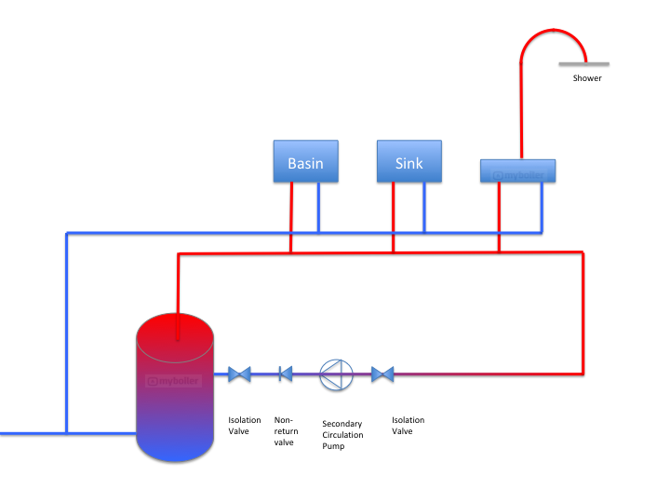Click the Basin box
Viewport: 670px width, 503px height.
[305, 161]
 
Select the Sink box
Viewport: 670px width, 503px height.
[409, 161]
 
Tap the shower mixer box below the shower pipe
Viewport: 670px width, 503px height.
[517, 170]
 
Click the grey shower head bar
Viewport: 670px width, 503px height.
[583, 63]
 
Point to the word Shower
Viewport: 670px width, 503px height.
[587, 78]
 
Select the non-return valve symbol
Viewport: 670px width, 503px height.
[285, 374]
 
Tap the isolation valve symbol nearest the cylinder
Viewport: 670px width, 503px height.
[239, 374]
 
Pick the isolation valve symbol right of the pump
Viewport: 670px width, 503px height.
[382, 374]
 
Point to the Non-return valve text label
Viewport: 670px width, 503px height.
[284, 431]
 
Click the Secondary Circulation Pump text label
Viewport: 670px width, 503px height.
[342, 434]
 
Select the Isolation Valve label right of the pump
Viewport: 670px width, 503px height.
[408, 426]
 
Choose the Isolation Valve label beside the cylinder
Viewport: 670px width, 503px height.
[245, 426]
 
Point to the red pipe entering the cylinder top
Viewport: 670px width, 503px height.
[176, 298]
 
